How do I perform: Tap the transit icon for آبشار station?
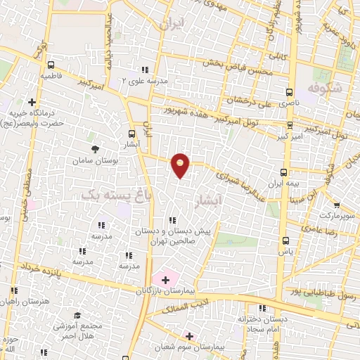132,134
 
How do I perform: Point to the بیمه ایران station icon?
284,172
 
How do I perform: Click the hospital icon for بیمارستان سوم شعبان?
188,336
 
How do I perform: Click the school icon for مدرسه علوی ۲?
145,70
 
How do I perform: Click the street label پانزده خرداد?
77,273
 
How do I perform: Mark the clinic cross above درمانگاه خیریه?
31,103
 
